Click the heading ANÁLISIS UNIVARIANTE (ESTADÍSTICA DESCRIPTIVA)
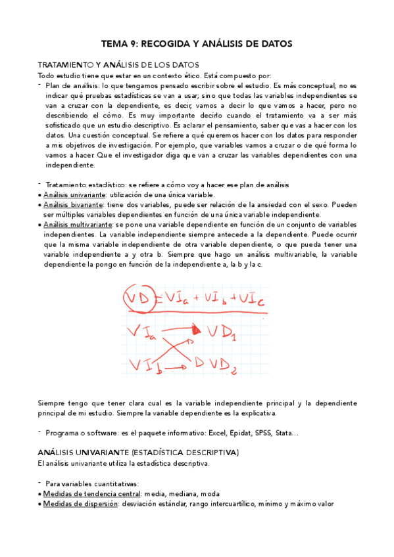click(138, 453)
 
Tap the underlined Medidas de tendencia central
click(91, 493)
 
